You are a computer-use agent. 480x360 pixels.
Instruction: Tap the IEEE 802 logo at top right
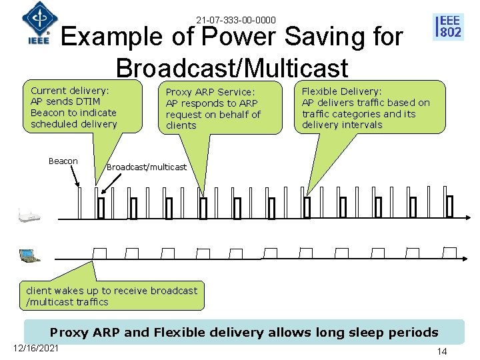pos(448,26)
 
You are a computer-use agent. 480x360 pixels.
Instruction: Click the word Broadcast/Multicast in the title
pos(231,67)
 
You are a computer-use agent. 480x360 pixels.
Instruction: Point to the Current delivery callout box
pos(74,107)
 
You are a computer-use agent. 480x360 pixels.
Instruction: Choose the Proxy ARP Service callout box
pos(213,108)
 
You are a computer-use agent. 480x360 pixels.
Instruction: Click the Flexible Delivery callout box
pos(369,107)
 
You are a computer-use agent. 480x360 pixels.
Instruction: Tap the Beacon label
pos(63,161)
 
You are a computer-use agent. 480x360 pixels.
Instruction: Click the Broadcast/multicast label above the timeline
pos(147,167)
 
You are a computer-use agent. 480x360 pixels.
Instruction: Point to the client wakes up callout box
pos(112,296)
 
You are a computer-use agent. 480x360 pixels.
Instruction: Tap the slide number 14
pos(441,351)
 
